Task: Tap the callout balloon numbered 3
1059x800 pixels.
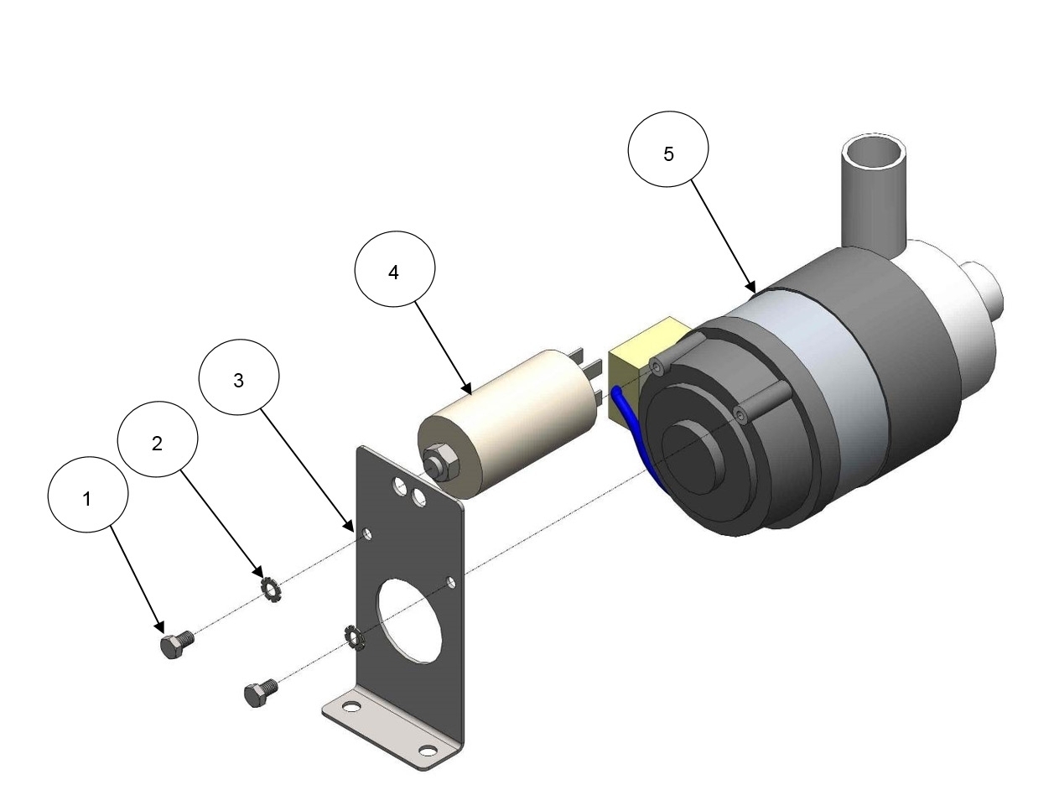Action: [239, 377]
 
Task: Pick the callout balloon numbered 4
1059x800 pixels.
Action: [395, 268]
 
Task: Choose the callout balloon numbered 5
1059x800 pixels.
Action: [668, 149]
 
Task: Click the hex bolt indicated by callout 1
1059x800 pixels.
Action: [176, 644]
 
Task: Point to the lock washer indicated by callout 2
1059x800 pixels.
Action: [271, 590]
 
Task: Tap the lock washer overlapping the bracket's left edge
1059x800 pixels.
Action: [354, 637]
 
